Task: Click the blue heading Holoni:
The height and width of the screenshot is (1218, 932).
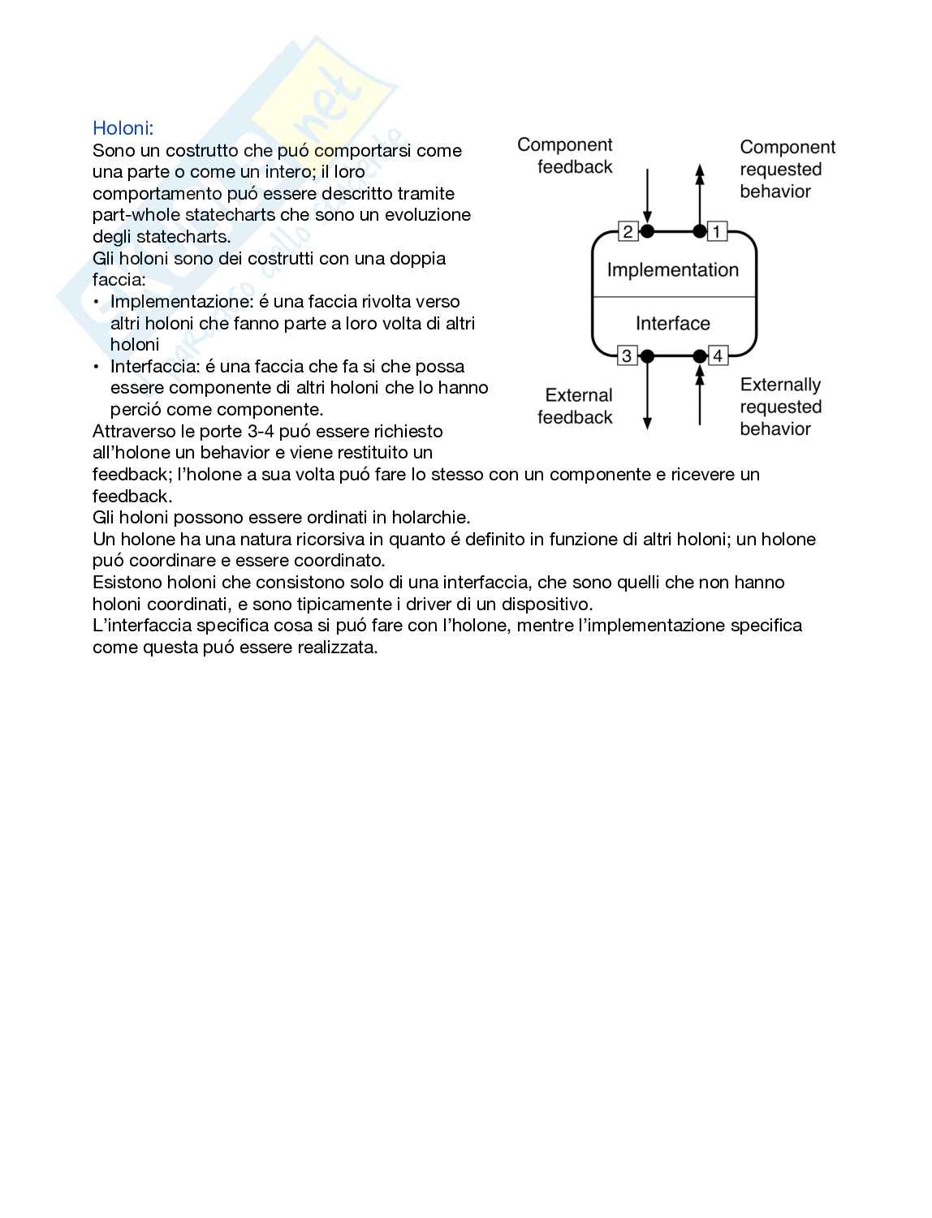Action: click(x=123, y=128)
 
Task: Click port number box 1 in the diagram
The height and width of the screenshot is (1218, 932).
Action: click(x=717, y=231)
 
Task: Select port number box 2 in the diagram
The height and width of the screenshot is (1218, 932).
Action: click(x=628, y=231)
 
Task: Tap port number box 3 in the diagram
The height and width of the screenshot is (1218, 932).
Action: click(x=628, y=355)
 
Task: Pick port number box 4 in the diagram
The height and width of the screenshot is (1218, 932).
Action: click(x=718, y=355)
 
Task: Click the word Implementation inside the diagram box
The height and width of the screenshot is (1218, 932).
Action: click(x=673, y=270)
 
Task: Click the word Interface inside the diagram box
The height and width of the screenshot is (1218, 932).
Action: click(x=673, y=324)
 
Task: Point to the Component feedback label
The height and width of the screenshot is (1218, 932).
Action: click(x=566, y=156)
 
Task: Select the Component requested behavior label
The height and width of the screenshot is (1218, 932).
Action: click(x=786, y=170)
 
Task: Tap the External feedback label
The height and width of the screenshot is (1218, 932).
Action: click(x=576, y=407)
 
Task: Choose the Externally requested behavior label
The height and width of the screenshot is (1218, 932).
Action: click(x=780, y=407)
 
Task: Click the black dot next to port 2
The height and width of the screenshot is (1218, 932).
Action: click(x=648, y=231)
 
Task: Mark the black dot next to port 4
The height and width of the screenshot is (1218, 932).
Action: click(x=700, y=355)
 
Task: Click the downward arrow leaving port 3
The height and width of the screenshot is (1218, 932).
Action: click(x=648, y=398)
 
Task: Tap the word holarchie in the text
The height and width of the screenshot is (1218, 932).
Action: click(x=429, y=518)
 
